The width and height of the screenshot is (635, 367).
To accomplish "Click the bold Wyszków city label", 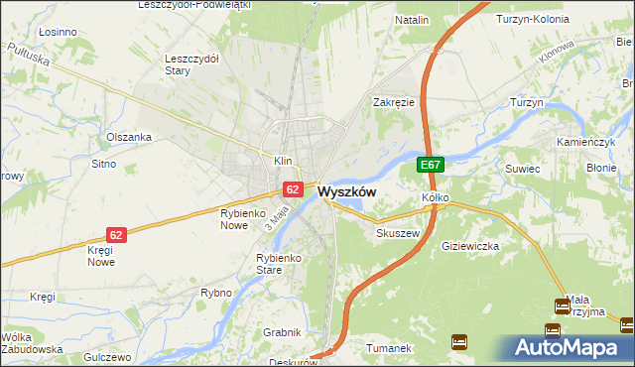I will tap(346, 192).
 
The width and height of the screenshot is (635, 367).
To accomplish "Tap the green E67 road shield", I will tap(430, 166).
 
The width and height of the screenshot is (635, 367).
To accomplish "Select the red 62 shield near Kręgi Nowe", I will tap(116, 235).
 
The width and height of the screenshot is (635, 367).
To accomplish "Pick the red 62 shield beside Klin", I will tap(293, 187).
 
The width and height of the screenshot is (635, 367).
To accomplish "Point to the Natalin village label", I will tap(412, 20).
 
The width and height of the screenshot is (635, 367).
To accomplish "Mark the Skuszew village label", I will tap(398, 233).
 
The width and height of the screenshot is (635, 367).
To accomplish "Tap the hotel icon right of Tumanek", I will tap(458, 342).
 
